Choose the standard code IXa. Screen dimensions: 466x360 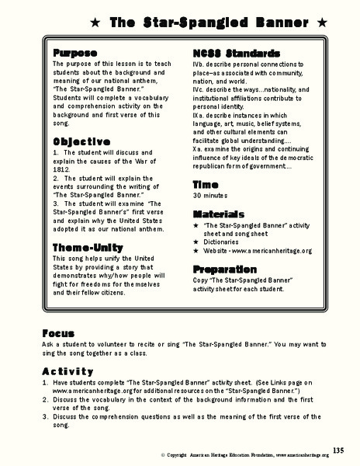pyautogui.click(x=199, y=112)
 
